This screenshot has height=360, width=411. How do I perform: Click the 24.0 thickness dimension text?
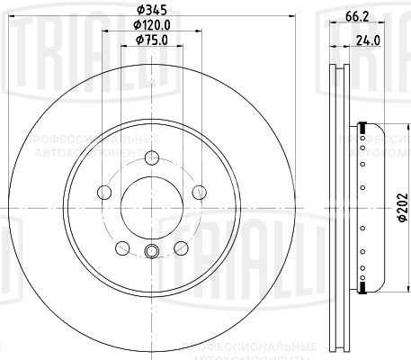365,39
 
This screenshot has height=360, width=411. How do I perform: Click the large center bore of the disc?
151,207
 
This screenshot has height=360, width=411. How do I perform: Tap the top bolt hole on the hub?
151,164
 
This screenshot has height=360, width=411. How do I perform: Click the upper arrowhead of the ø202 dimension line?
389,127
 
